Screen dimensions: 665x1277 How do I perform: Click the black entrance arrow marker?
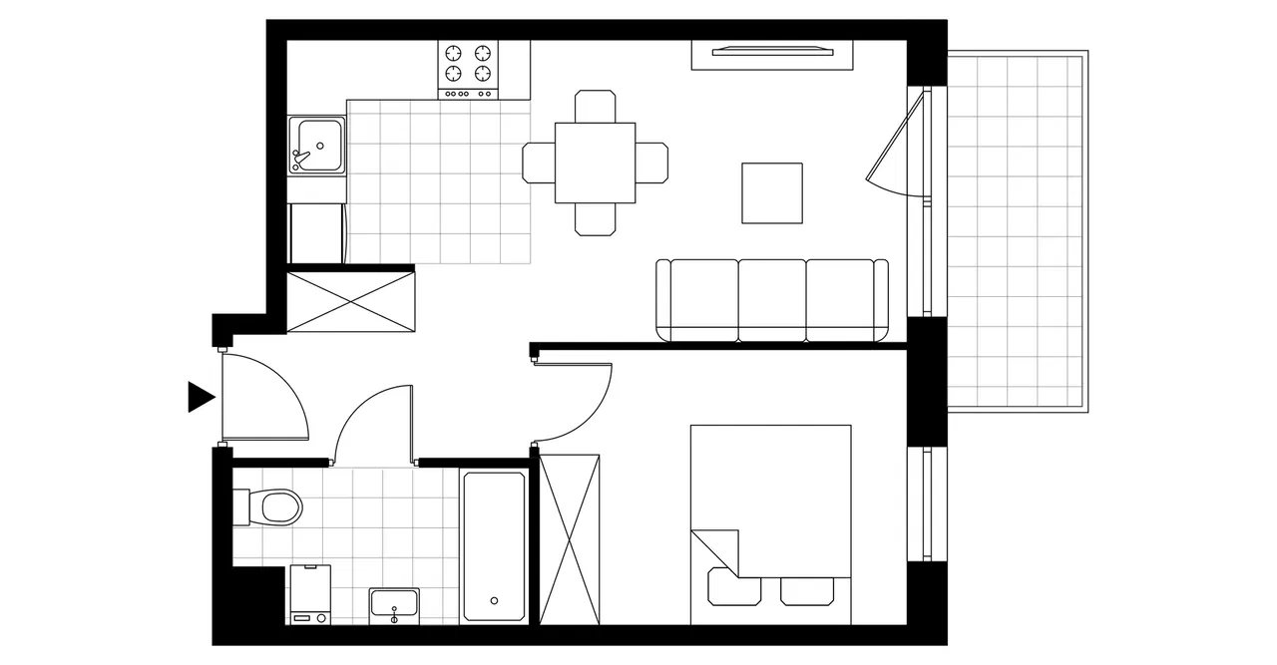(x=201, y=397)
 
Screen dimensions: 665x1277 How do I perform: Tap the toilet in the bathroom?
(x=273, y=506)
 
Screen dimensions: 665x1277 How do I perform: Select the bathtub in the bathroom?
(x=493, y=545)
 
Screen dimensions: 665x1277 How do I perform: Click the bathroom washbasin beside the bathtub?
(x=394, y=604)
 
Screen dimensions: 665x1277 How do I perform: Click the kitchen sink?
(x=316, y=146)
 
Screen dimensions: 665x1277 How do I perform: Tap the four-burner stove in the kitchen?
(x=469, y=68)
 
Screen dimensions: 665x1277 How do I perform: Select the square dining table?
(x=595, y=163)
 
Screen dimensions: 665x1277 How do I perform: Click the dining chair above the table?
(x=595, y=106)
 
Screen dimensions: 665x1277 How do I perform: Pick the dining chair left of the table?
(x=539, y=163)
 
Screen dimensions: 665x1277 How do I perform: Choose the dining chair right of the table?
(x=651, y=163)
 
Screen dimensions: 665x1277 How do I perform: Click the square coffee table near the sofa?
(x=772, y=192)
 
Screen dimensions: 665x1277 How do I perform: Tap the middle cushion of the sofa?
(x=772, y=297)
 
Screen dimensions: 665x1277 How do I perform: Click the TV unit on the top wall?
(x=772, y=53)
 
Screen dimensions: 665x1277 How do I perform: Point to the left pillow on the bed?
(x=733, y=588)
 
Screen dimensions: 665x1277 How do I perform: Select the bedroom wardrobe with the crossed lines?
(x=570, y=538)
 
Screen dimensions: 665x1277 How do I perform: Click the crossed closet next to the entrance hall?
(x=350, y=301)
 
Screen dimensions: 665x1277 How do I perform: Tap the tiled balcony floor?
(x=1014, y=229)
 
